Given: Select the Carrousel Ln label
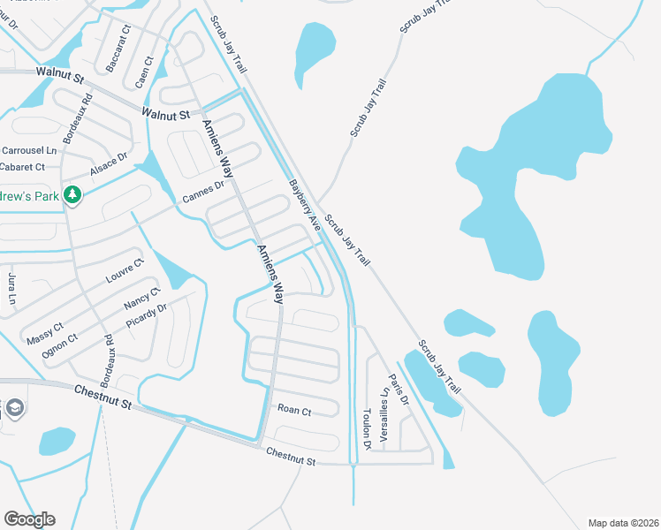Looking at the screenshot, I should coord(28,151).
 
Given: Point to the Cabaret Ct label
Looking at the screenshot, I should coord(23,167).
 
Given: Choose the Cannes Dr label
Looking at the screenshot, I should coord(202,191).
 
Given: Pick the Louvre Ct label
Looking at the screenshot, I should coord(124,272).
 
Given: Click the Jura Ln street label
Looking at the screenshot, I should coord(12,289).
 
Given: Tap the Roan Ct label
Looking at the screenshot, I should coord(294,411).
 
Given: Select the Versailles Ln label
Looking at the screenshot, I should coord(384,415).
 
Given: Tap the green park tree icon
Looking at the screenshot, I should coord(73,194).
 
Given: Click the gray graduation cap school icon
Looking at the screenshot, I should coord(15,408).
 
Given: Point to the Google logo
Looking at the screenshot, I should coord(29,519).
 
